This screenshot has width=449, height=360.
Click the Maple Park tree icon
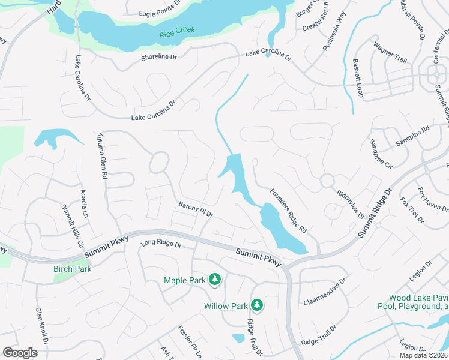215,280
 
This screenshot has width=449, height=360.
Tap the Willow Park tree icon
257,305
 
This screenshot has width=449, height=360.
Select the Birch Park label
72,269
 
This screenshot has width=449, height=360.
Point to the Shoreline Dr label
159,57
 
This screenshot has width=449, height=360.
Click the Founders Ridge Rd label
288,211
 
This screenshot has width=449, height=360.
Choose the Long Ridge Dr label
161,244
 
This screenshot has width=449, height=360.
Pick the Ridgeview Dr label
351,204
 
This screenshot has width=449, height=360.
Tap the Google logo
20,353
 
